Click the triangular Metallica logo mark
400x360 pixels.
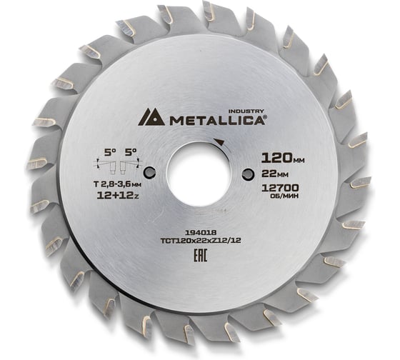point(151,118)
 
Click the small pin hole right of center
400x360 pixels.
point(247,174)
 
